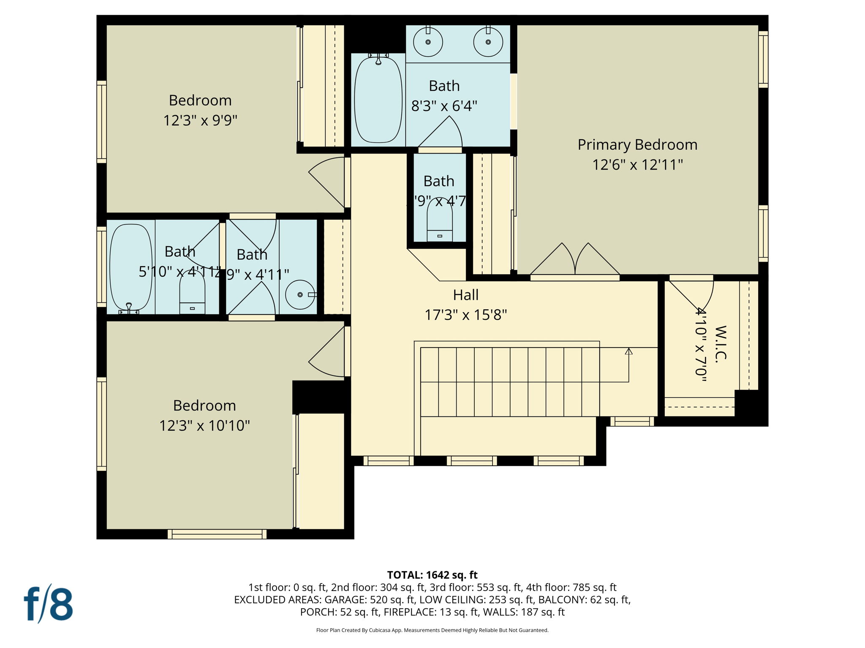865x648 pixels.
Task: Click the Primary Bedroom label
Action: pos(637,145)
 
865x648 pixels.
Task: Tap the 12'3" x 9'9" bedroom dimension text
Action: pos(200,121)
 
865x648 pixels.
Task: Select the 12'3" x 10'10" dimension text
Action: pos(204,425)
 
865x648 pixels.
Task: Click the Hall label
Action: pos(465,295)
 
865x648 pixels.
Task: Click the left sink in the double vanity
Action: pos(428,42)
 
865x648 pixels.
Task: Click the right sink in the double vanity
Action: pos(488,42)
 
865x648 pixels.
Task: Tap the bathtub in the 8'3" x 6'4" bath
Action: pos(378,100)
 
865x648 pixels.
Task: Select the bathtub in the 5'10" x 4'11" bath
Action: pos(131,268)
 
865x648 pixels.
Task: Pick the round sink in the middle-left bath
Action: pos(300,294)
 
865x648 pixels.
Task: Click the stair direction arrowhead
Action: pos(628,351)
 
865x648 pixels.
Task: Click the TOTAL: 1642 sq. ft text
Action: pos(432,575)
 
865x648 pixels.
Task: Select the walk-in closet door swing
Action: pos(693,295)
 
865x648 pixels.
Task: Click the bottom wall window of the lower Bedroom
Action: pos(217,535)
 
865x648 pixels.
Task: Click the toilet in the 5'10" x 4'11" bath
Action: pos(192,295)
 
